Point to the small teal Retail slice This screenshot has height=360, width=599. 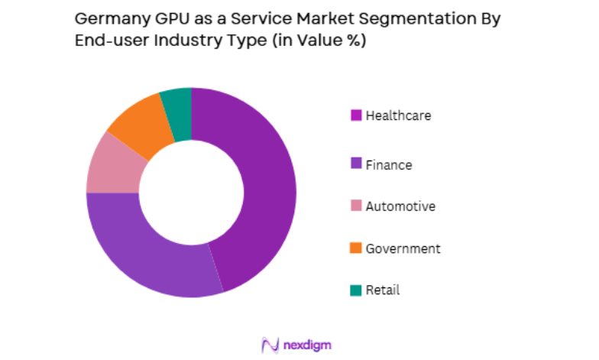click(177, 113)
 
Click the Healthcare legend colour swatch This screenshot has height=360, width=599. click(356, 116)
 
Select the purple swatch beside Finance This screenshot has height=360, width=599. click(356, 164)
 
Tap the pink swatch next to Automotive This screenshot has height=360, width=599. click(356, 206)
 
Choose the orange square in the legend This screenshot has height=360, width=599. click(356, 248)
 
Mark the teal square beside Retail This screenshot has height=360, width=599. click(356, 290)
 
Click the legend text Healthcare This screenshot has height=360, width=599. click(398, 116)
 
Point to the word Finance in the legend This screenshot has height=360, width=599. click(389, 164)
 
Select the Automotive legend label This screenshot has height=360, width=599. click(400, 206)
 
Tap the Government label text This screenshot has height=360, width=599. click(403, 248)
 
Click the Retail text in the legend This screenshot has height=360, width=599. click(383, 290)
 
